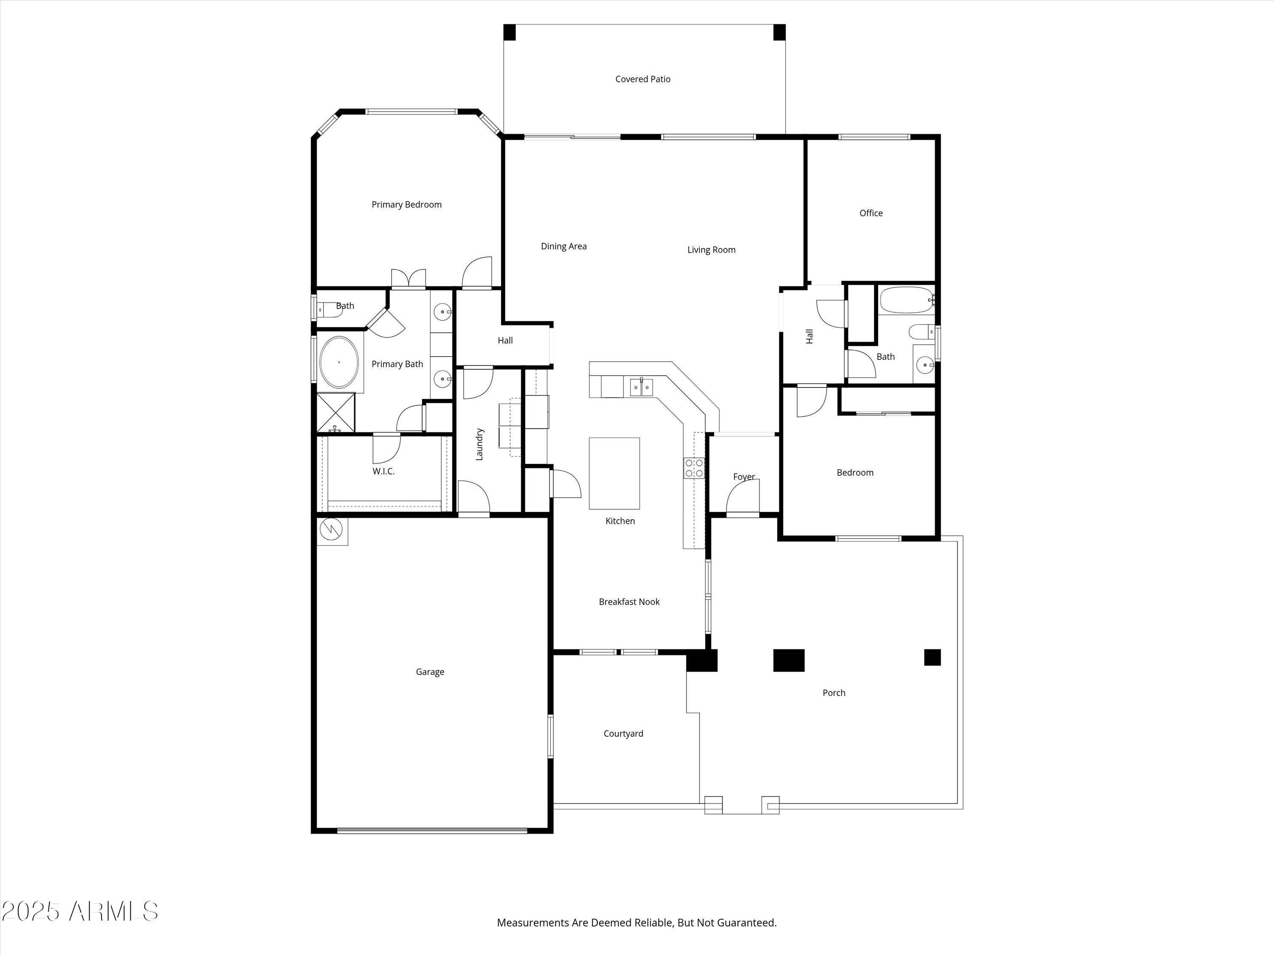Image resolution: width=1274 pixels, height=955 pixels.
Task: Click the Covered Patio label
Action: tap(643, 79)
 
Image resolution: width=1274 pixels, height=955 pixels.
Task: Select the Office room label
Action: tap(871, 213)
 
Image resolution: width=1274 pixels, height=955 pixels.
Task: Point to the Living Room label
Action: tap(711, 250)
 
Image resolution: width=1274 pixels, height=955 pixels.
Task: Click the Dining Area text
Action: tap(564, 246)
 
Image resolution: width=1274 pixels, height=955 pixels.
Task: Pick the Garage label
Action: tap(430, 672)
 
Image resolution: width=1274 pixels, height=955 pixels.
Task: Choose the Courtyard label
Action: tap(623, 733)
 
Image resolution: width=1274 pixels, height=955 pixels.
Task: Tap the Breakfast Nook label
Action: tap(629, 601)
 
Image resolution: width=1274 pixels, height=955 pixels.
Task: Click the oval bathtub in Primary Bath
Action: tap(339, 362)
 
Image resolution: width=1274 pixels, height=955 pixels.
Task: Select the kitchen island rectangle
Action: tap(614, 473)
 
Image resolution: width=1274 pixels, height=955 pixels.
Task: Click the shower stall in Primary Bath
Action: tap(336, 413)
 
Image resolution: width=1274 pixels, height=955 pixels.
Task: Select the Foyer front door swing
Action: tap(743, 497)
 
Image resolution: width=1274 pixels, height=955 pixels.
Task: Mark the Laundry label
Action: tap(479, 444)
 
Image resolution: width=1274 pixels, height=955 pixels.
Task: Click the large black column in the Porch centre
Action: tap(789, 660)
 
